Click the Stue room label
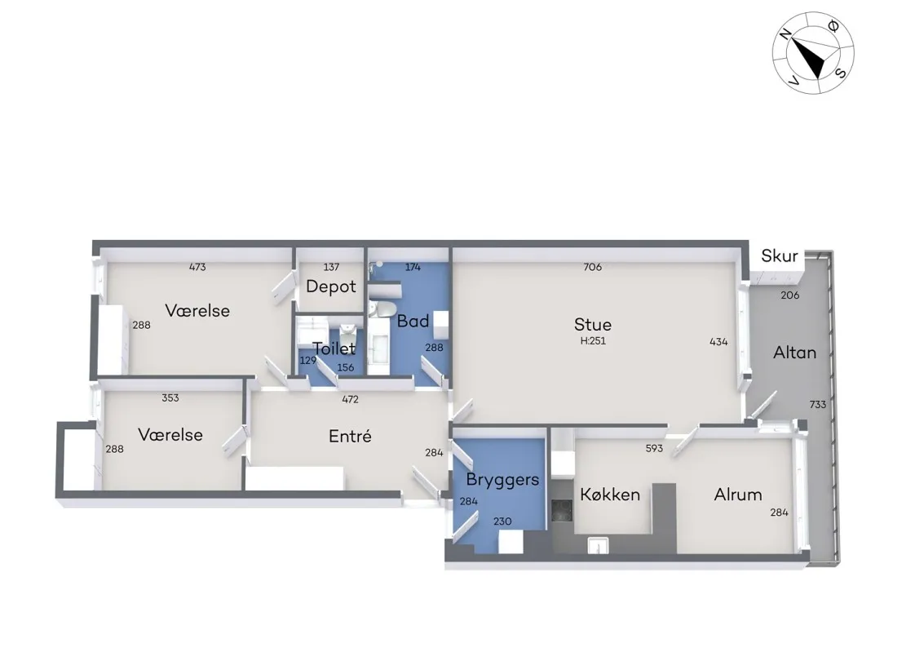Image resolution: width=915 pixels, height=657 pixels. pos(592,325)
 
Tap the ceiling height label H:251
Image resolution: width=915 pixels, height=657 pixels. pos(593,341)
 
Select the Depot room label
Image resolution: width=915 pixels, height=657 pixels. pos(331,286)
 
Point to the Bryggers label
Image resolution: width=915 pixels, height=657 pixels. pos(502,480)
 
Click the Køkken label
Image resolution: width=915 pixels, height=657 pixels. pos(610,495)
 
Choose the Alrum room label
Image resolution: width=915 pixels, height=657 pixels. pos(737,495)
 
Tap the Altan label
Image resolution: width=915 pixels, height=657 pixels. pos(794,352)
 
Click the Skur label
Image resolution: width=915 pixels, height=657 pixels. pos(779,255)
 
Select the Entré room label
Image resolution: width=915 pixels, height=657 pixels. pos(350,437)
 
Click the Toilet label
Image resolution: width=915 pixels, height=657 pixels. pos(334,348)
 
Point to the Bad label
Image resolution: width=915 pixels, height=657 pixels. pos(413,321)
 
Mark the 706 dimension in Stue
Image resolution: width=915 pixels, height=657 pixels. pos(592,267)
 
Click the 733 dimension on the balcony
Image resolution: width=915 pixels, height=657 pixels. pos(818,404)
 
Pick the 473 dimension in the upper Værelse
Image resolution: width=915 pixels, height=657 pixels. pos(197,267)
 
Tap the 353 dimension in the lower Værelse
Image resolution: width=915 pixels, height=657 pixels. pos(170,397)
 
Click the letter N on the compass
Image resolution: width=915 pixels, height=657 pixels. pos(787,34)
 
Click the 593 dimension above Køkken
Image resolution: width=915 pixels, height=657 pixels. pos(654,449)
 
